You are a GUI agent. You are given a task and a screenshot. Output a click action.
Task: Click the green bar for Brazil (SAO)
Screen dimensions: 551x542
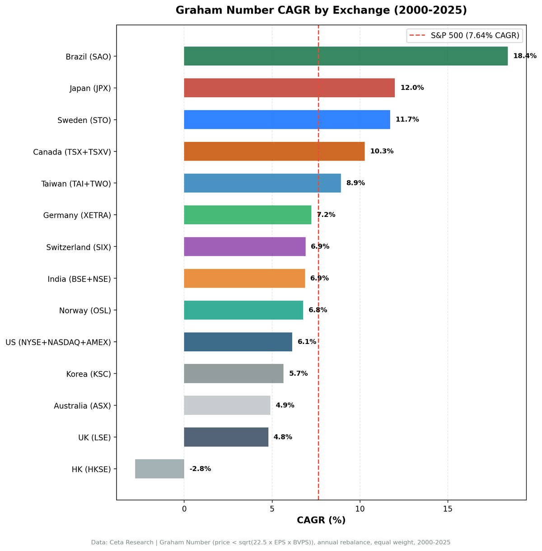[346, 56]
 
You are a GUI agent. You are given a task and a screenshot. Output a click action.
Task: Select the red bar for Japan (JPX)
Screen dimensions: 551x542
[289, 88]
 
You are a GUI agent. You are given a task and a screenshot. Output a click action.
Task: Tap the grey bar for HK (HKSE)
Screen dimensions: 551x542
[159, 469]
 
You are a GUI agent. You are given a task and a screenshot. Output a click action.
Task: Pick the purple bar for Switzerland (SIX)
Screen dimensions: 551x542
[244, 247]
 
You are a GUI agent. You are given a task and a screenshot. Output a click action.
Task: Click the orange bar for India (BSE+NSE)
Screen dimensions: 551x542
[244, 278]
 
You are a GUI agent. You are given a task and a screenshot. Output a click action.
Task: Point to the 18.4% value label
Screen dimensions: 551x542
[524, 56]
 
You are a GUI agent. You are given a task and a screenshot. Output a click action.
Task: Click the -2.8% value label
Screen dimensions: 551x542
[200, 469]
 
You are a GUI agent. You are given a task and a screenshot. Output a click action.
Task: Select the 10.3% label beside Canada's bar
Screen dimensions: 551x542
[382, 151]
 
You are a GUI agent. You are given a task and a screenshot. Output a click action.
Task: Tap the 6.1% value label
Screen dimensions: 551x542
[307, 342]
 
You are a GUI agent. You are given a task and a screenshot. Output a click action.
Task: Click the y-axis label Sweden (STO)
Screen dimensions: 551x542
[84, 120]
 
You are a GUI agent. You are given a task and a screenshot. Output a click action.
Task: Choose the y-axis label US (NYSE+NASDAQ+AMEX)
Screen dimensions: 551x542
[58, 342]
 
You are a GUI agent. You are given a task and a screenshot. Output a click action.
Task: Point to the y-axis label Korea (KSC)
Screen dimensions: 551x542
[89, 374]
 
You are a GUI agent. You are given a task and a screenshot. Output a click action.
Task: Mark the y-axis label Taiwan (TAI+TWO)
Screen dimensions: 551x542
[76, 184]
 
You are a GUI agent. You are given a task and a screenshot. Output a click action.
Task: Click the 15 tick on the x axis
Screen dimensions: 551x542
[448, 509]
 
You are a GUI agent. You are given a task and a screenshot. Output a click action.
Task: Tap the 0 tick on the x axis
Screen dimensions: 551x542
[184, 509]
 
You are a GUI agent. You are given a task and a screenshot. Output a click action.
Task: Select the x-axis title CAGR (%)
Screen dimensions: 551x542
[321, 520]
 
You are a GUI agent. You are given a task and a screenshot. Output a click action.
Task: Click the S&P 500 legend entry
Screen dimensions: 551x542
[464, 35]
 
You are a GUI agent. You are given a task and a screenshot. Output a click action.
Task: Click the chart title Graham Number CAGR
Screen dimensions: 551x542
[321, 10]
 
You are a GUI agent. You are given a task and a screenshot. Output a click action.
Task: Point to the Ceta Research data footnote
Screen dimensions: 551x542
[271, 542]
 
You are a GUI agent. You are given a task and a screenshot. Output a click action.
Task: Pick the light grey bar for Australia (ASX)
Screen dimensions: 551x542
[227, 405]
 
